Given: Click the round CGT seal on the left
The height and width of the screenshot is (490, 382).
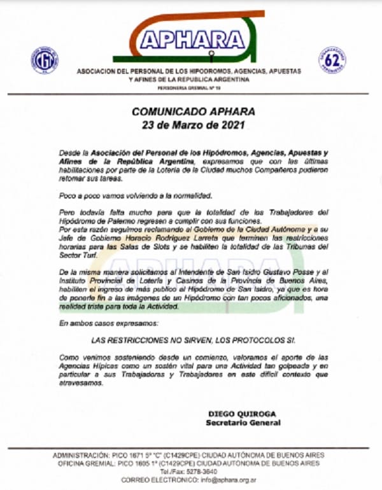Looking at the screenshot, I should tap(45, 60).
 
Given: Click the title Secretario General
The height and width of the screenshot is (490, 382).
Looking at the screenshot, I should tap(243, 422).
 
